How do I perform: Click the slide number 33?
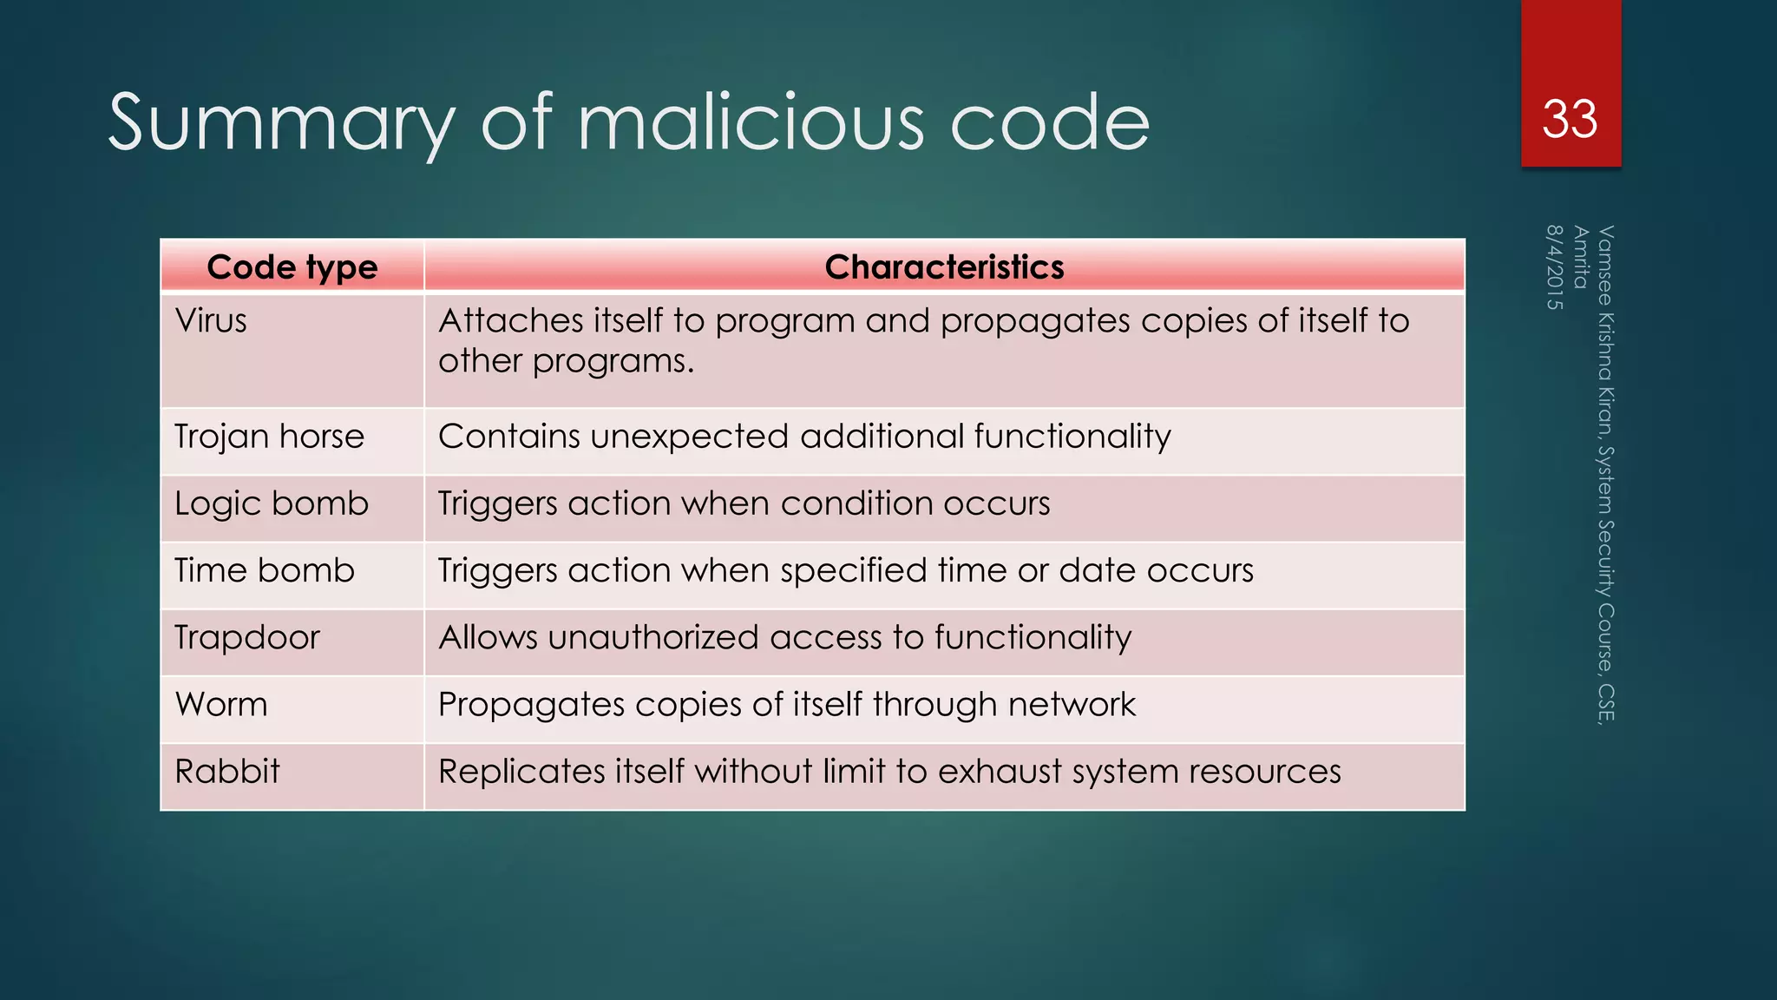[1570, 119]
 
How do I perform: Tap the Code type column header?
[292, 267]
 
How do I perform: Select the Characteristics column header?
[944, 267]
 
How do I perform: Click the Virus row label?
[211, 321]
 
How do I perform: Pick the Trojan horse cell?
[269, 437]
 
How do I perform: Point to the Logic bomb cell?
[272, 503]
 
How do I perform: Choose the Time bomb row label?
[265, 570]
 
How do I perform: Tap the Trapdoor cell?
[247, 637]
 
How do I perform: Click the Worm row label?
[221, 704]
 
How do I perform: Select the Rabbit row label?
[227, 771]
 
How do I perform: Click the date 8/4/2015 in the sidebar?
[1555, 267]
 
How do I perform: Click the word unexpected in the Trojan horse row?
[690, 437]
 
